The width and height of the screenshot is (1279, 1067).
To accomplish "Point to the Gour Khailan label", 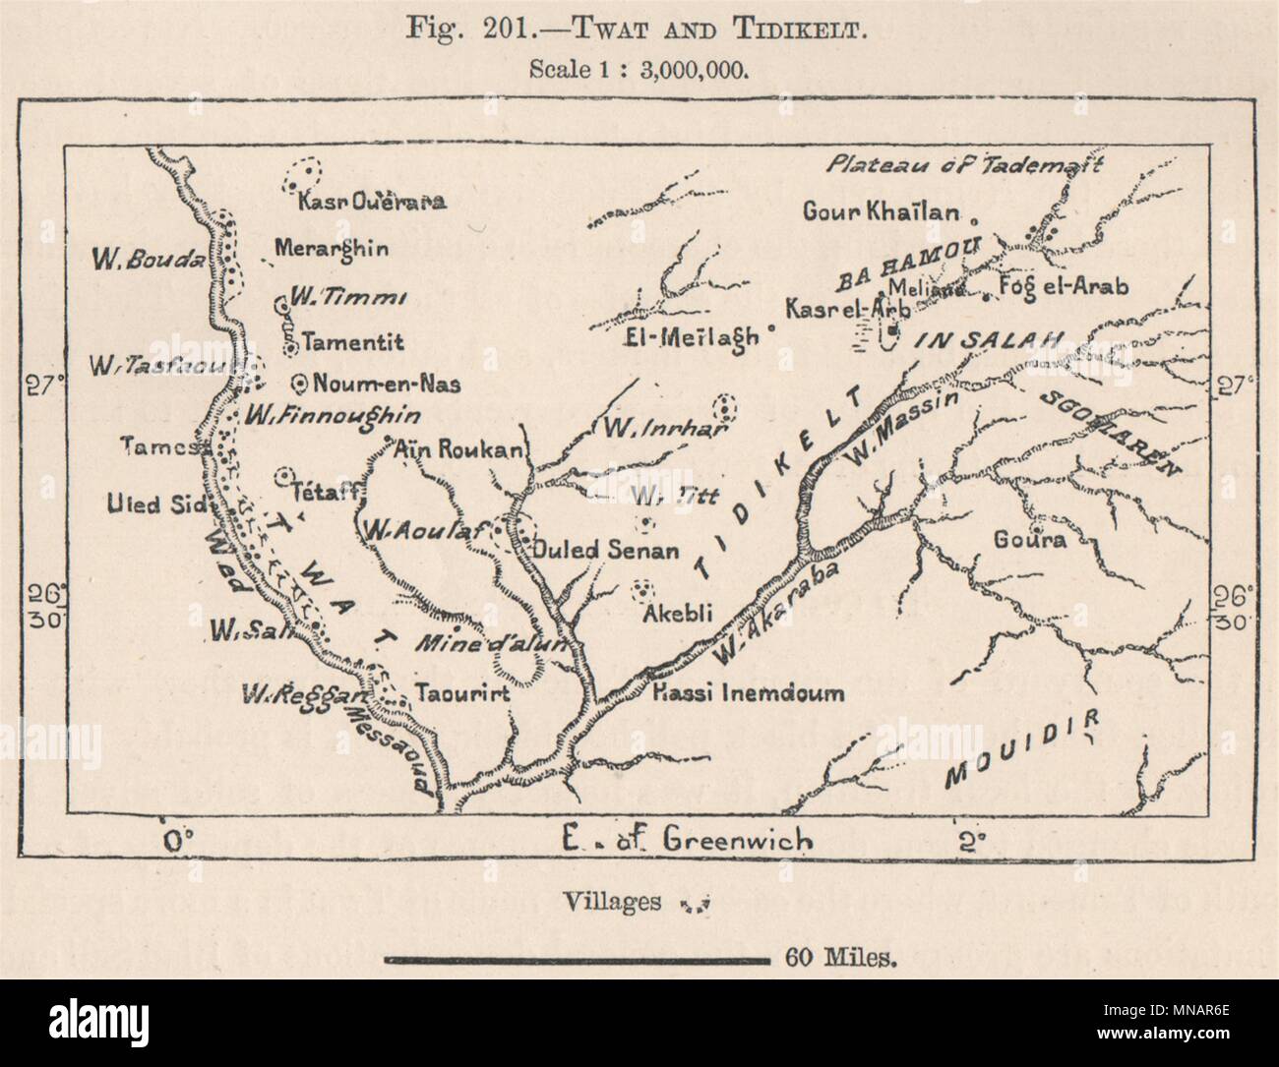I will point(881,212).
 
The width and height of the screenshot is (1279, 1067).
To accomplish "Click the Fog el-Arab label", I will point(1062,286).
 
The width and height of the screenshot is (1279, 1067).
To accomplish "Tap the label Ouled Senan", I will point(605,551).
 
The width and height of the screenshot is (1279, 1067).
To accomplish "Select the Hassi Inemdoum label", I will point(749,692).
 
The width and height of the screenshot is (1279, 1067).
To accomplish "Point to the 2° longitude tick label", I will point(970,842).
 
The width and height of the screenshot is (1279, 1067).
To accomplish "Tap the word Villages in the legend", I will point(613,903).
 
